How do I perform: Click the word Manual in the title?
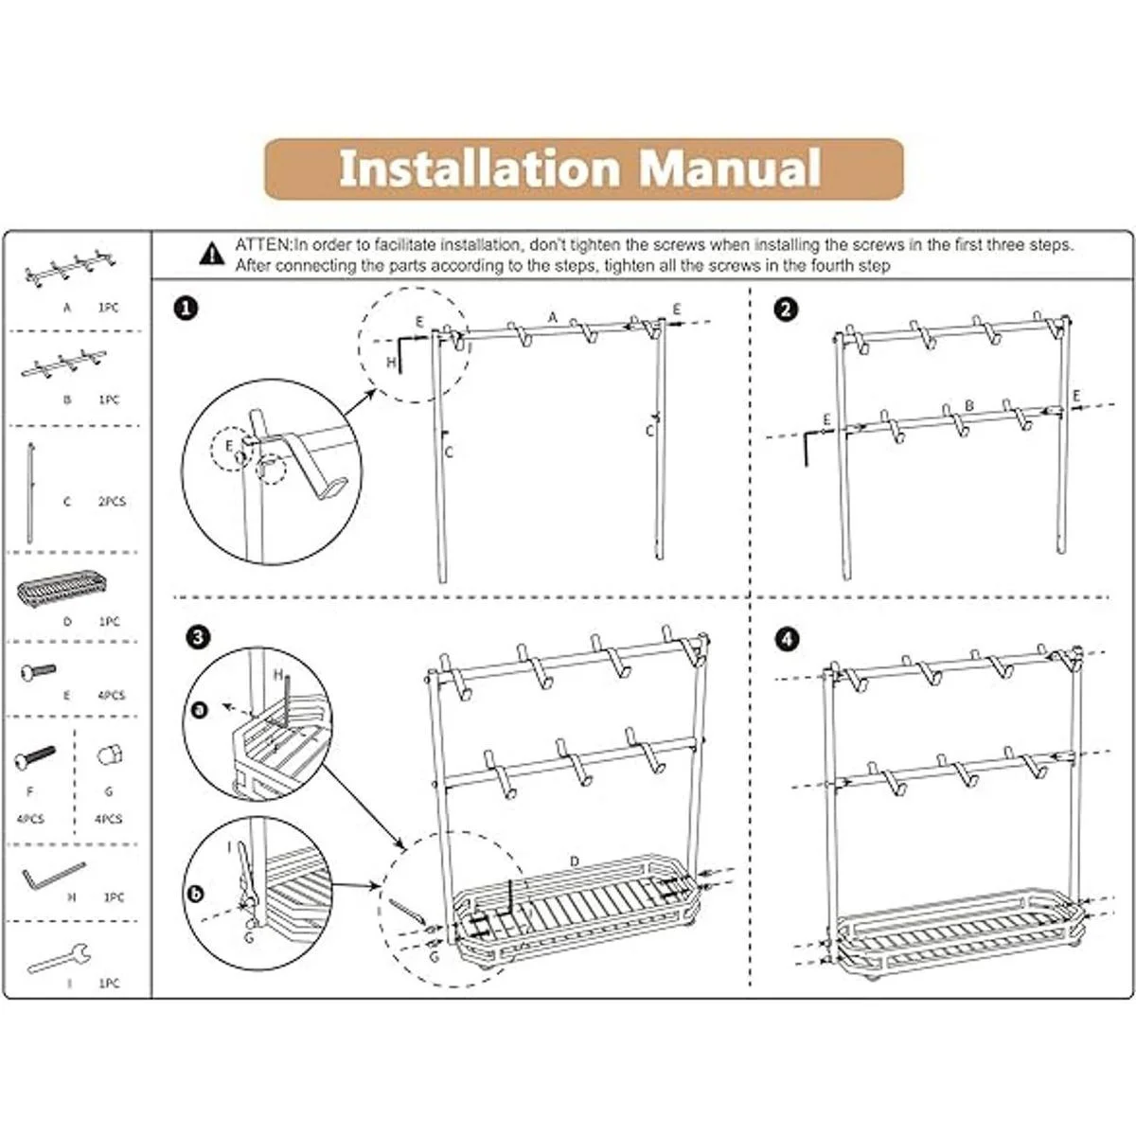pyautogui.click(x=729, y=169)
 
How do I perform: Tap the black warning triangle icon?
pyautogui.click(x=213, y=254)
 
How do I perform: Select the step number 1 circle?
pyautogui.click(x=188, y=309)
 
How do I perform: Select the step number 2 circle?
pyautogui.click(x=786, y=309)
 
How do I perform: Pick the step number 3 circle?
pyautogui.click(x=197, y=637)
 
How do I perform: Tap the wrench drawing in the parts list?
pyautogui.click(x=59, y=960)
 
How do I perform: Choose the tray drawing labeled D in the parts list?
pyautogui.click(x=62, y=595)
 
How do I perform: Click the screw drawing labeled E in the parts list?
pyautogui.click(x=38, y=673)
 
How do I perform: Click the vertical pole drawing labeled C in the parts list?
pyautogui.click(x=31, y=492)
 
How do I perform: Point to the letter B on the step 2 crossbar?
pyautogui.click(x=968, y=405)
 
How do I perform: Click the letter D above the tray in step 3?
pyautogui.click(x=575, y=861)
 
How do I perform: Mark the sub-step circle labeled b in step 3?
pyautogui.click(x=197, y=892)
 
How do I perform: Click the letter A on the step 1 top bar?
pyautogui.click(x=553, y=318)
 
